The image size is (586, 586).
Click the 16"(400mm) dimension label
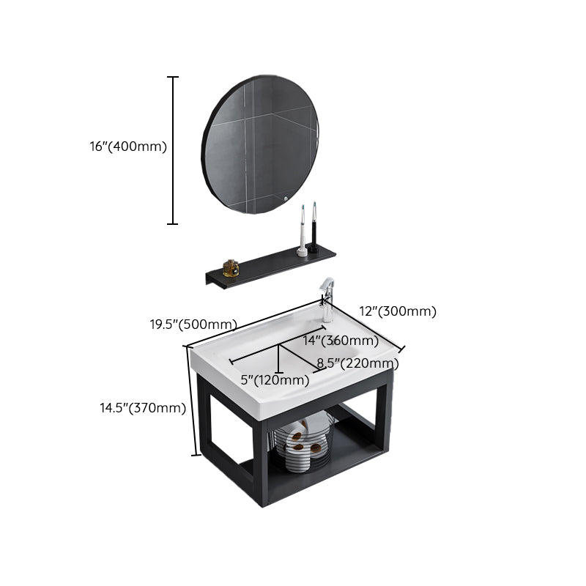click(x=128, y=146)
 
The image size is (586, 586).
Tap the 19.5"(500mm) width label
click(x=193, y=324)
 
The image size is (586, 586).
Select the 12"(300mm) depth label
click(x=398, y=311)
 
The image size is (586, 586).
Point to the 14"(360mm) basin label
click(x=341, y=341)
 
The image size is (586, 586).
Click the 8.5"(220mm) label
click(x=358, y=363)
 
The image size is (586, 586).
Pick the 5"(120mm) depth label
click(x=275, y=379)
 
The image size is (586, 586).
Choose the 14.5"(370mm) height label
click(x=143, y=408)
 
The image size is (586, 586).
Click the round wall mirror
click(x=261, y=144)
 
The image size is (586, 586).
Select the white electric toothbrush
click(x=302, y=231)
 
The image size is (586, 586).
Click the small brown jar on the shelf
click(x=231, y=269)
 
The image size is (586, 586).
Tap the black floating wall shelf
click(x=271, y=267)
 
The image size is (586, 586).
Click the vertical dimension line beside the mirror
click(x=174, y=150)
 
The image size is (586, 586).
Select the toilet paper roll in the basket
click(x=297, y=436)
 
